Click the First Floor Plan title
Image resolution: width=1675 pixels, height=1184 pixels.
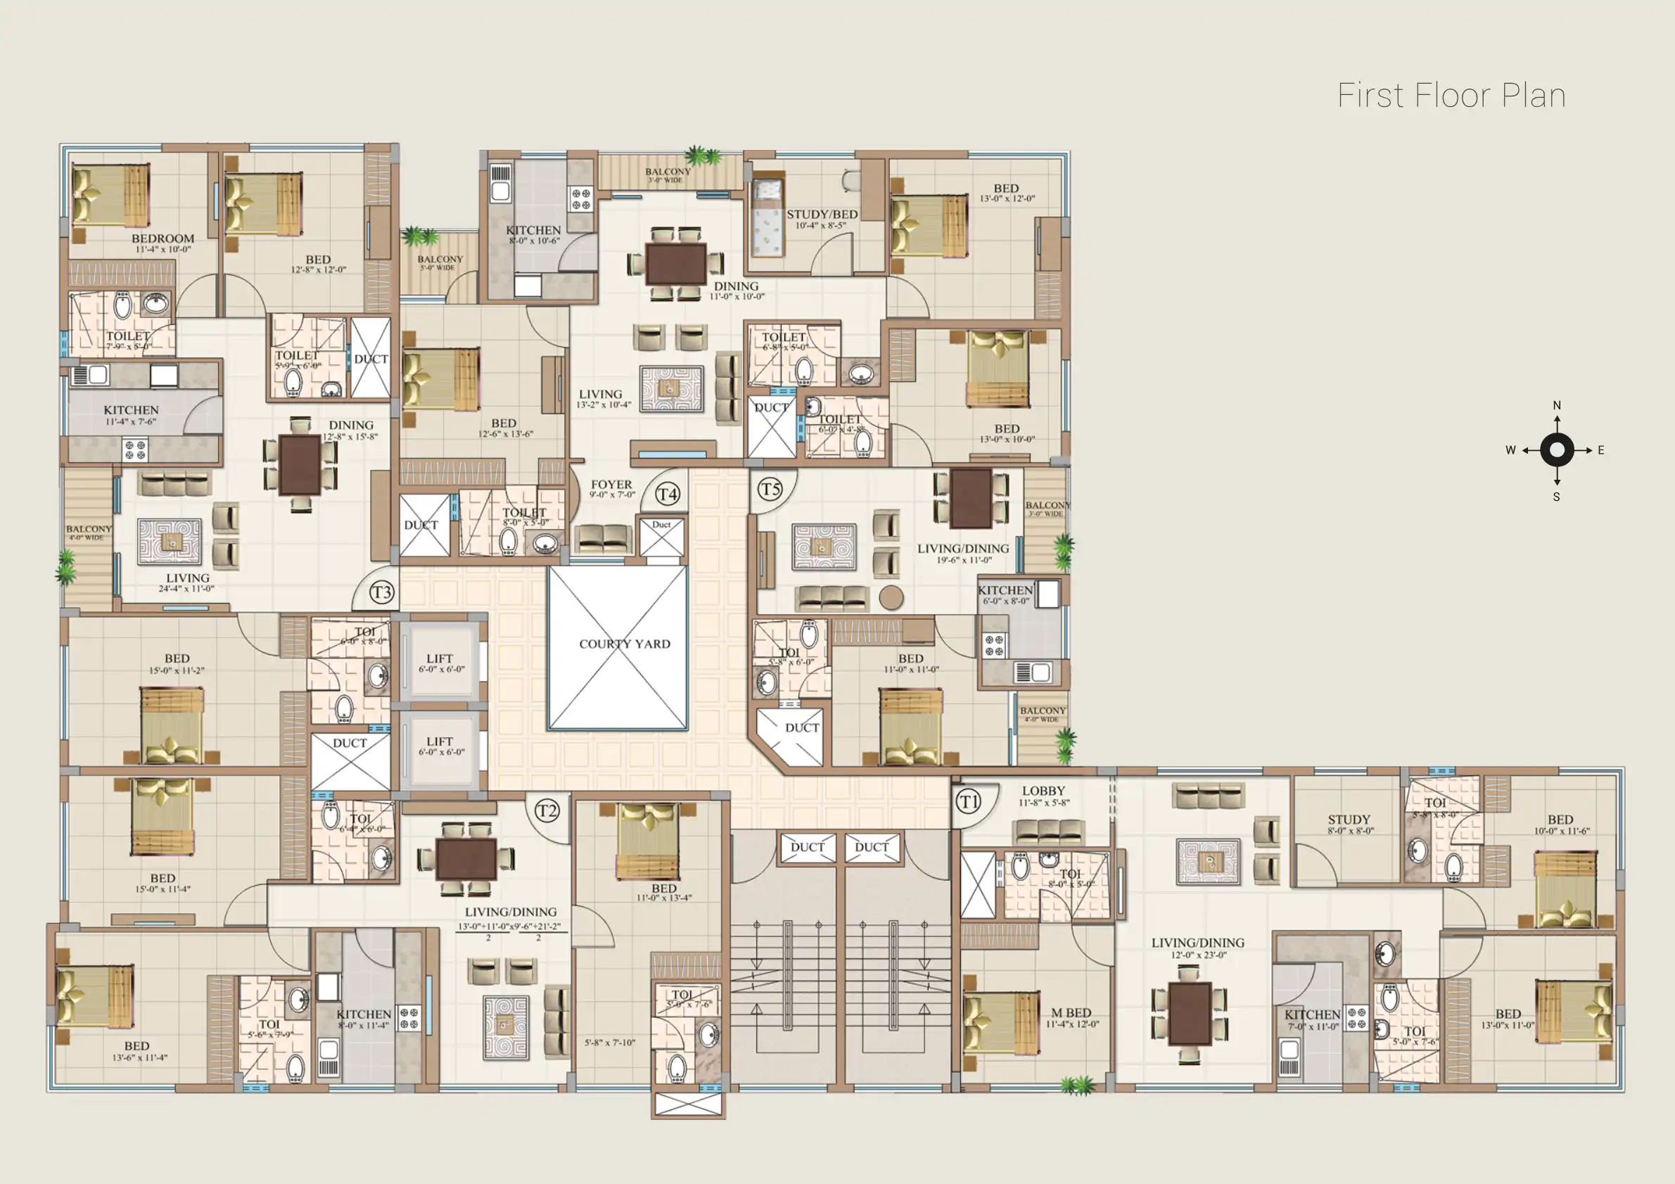point(1451,96)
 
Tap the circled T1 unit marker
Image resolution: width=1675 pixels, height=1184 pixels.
point(967,802)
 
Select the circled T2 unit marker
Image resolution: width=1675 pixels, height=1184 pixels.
point(547,810)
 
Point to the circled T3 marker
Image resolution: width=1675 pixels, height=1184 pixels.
point(381,592)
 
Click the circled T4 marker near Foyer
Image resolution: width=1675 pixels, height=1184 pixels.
point(668,494)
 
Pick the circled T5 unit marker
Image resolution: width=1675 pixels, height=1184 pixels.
point(770,489)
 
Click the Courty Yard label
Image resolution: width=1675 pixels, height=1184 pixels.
point(625,644)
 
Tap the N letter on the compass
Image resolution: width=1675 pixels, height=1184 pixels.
point(1557,406)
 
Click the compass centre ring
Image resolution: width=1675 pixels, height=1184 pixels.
point(1557,450)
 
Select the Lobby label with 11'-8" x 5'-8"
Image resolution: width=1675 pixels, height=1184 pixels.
point(1043,791)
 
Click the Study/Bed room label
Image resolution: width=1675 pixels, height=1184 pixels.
point(822,215)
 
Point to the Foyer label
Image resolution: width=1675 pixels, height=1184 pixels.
point(611,485)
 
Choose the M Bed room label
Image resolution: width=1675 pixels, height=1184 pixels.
point(1071,1013)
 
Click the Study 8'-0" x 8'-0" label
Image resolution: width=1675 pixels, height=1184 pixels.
point(1349,820)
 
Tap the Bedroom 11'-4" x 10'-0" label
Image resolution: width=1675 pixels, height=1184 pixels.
point(163,239)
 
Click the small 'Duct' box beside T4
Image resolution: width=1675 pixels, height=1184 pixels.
point(662,537)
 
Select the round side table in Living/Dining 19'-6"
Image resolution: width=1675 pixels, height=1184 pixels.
point(891,597)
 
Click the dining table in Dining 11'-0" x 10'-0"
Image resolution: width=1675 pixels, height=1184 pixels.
point(675,264)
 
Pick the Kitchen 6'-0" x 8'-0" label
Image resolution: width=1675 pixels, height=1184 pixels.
point(1005,591)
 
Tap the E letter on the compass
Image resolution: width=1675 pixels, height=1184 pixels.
point(1600,450)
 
